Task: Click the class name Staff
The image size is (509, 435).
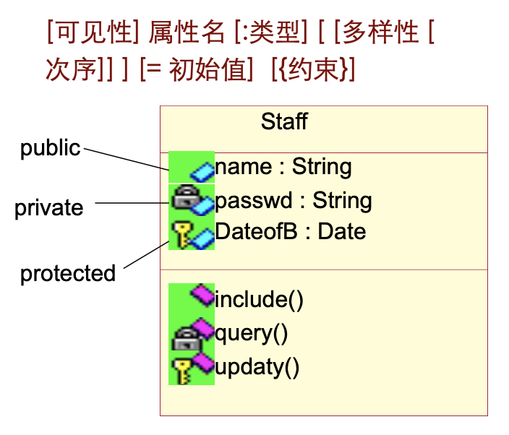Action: click(x=284, y=121)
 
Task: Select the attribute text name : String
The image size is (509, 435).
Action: click(x=283, y=167)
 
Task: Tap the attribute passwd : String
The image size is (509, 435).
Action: click(x=294, y=200)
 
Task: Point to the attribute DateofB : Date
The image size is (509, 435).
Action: click(x=291, y=232)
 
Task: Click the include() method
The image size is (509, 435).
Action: click(x=259, y=299)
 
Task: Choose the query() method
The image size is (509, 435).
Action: click(x=252, y=333)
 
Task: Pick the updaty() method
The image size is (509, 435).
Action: click(x=257, y=367)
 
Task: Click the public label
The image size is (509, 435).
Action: click(x=50, y=148)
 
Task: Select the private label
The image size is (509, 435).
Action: click(x=49, y=208)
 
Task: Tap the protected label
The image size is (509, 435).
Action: click(x=68, y=273)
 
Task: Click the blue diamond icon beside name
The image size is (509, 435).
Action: click(x=202, y=171)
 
